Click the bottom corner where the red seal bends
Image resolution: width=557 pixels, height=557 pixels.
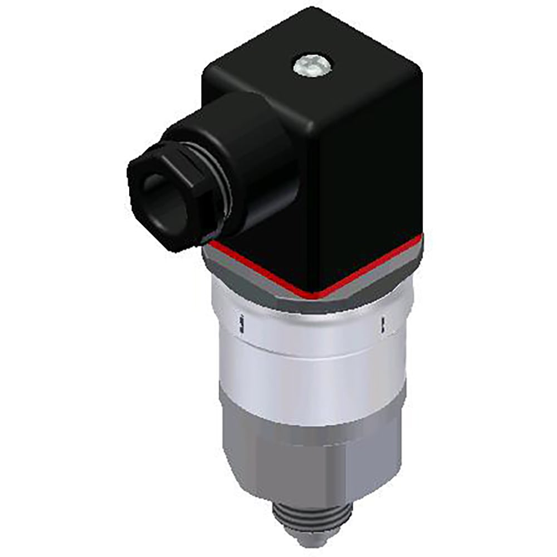(319, 295)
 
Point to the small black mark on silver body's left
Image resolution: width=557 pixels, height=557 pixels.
(242, 325)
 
